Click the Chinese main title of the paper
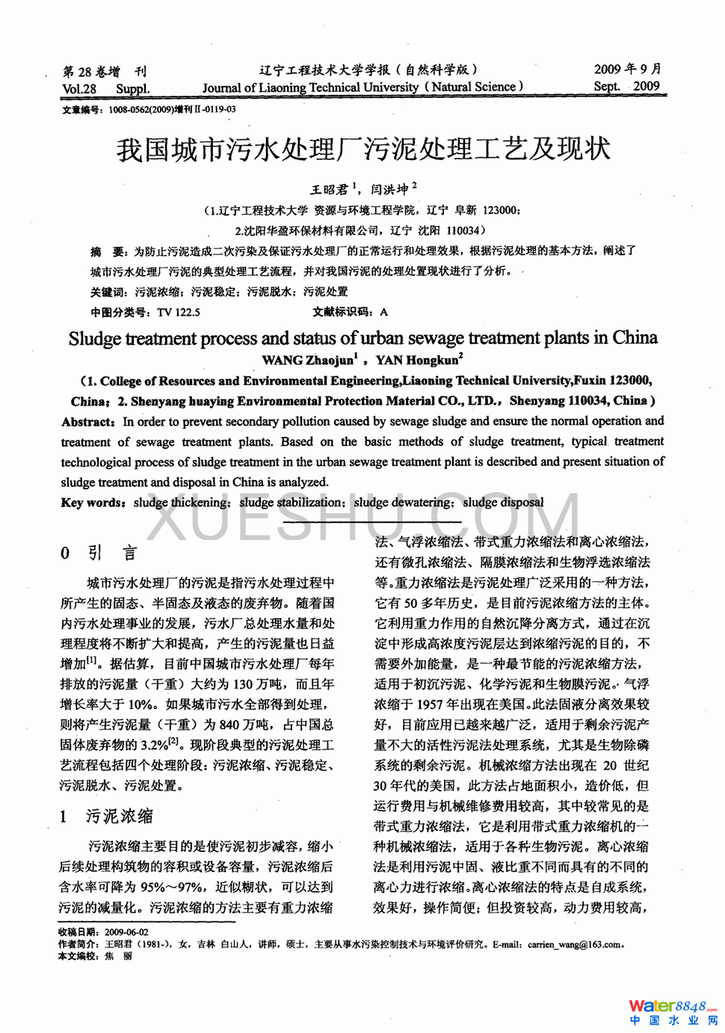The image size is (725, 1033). tap(363, 150)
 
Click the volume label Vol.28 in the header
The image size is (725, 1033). tap(79, 89)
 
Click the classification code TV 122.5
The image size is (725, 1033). tap(179, 312)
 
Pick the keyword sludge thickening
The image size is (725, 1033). tap(182, 503)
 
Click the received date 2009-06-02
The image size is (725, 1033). tap(126, 932)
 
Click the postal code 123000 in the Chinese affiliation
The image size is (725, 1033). tap(501, 211)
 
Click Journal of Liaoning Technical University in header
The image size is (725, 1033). tap(310, 88)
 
